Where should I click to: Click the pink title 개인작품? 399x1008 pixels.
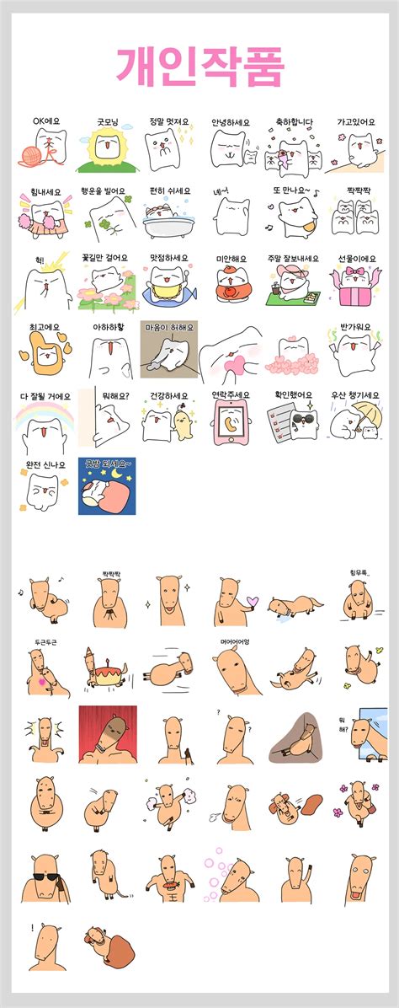[x=199, y=66]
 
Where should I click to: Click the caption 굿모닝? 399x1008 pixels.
[x=106, y=121]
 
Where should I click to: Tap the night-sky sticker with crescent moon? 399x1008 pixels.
[x=107, y=486]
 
